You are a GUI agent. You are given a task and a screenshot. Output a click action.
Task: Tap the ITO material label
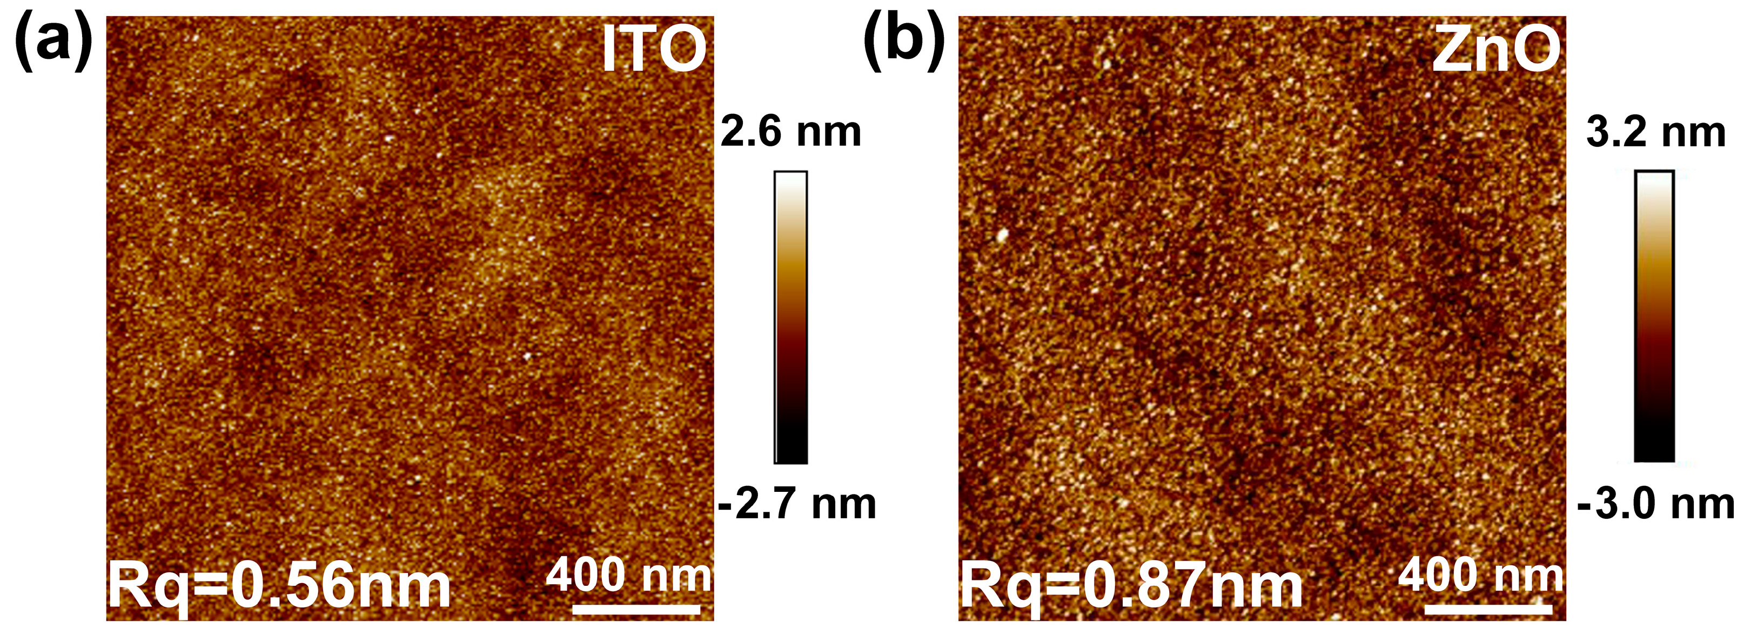[654, 49]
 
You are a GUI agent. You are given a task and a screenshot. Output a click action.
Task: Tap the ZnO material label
[1496, 49]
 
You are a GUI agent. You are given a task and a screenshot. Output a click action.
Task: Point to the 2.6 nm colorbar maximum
[790, 132]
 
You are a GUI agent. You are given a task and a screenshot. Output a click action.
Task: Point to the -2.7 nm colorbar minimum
[797, 504]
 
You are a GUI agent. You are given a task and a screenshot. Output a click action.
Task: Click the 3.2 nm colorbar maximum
[1655, 132]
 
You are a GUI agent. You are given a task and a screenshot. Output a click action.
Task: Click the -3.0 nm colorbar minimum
[1655, 504]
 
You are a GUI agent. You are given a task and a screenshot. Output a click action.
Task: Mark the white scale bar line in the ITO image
[636, 609]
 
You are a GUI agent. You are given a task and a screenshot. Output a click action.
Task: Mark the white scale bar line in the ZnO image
[1488, 609]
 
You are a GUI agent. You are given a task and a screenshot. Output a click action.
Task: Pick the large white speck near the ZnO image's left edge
[1003, 235]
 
